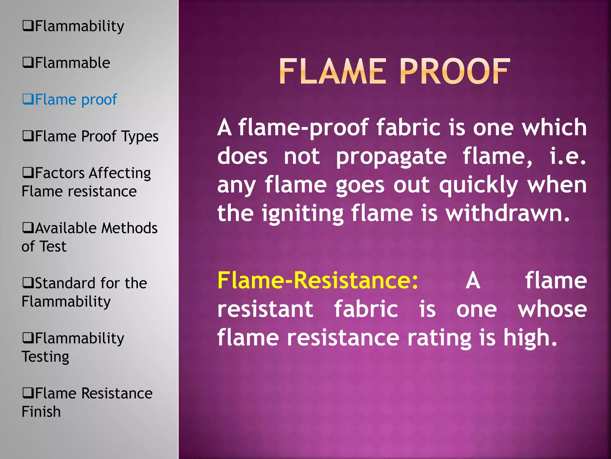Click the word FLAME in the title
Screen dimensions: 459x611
click(333, 72)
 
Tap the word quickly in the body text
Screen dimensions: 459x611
click(479, 185)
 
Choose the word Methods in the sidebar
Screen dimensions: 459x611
click(129, 228)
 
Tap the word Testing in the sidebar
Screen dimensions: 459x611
click(45, 357)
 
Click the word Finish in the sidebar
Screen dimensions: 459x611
click(41, 412)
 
